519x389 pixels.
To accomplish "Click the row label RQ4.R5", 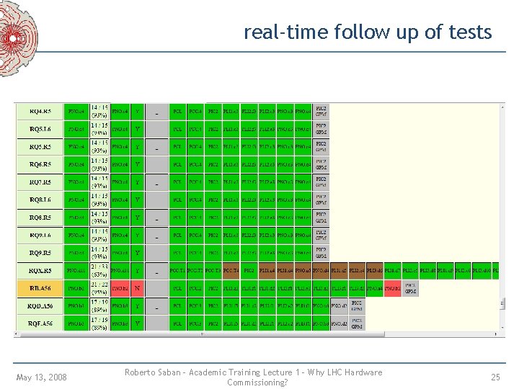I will click(x=40, y=112).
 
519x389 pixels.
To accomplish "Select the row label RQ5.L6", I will click(x=40, y=130).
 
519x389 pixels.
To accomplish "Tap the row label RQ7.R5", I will click(x=40, y=182).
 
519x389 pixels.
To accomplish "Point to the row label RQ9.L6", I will click(x=40, y=235).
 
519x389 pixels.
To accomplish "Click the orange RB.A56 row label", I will click(x=40, y=288).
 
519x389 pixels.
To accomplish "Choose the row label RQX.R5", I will click(x=40, y=271).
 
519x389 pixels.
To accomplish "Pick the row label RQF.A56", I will click(x=40, y=323).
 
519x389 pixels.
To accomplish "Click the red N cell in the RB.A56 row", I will click(x=138, y=288).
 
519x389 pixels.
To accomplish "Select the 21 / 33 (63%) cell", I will click(x=99, y=271).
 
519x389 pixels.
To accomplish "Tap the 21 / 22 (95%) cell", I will click(x=99, y=288).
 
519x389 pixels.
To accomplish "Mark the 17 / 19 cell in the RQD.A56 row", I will click(x=99, y=306).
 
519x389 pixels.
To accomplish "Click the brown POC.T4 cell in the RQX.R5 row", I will click(x=231, y=271).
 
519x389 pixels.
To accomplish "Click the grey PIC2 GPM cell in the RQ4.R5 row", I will click(x=321, y=112).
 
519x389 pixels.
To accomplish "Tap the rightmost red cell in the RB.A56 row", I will click(x=392, y=288).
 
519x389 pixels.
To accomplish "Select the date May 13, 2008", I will click(x=41, y=377).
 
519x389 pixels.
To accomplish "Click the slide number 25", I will click(x=495, y=377).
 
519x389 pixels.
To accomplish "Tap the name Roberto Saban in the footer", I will click(x=152, y=372).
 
